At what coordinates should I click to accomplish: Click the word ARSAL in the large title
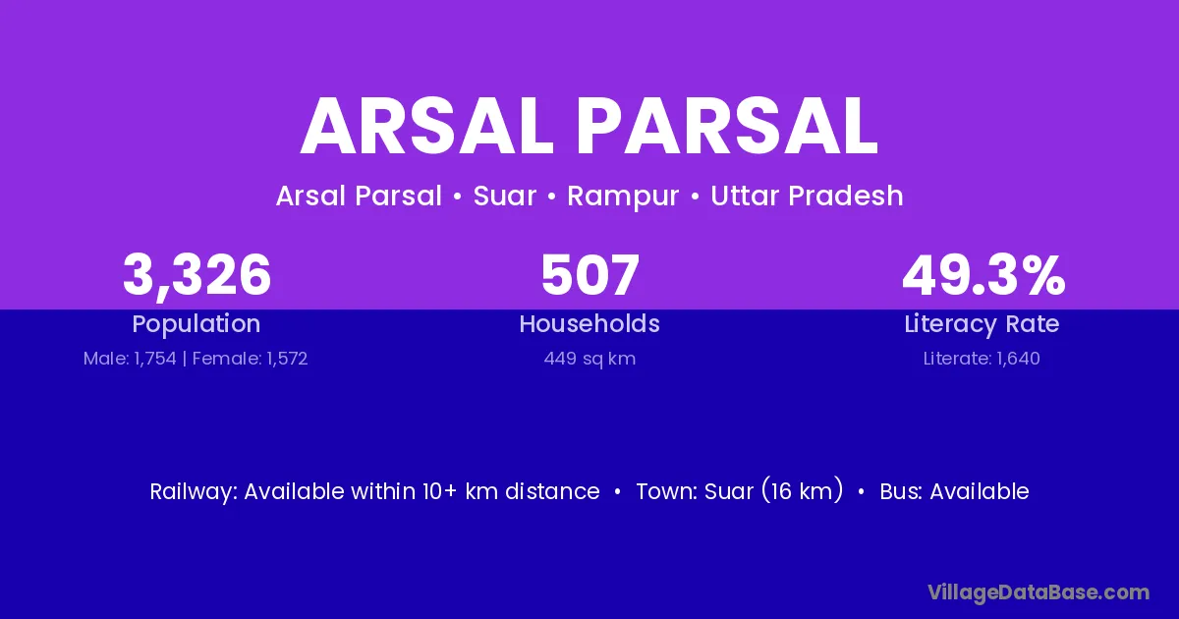pos(426,127)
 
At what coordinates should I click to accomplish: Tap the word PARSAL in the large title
pos(727,127)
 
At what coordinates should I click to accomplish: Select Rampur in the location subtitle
pos(623,197)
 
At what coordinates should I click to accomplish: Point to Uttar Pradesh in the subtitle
pos(807,196)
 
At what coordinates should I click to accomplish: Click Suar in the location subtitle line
pos(505,196)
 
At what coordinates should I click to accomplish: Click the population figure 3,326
pos(196,275)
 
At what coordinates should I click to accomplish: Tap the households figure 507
pos(590,275)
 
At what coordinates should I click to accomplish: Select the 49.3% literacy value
pos(983,275)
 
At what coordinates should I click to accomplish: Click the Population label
pos(196,324)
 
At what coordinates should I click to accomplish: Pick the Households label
pos(589,323)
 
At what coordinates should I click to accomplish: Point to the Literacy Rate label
pos(982,324)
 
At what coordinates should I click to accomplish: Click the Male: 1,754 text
pos(130,359)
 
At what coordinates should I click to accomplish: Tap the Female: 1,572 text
pos(250,359)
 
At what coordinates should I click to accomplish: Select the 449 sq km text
pos(589,359)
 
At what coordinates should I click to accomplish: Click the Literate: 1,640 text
pos(982,359)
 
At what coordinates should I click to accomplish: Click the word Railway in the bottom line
pos(194,491)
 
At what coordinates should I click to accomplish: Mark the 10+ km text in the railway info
pos(461,491)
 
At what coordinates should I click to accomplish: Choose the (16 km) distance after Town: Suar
pos(802,491)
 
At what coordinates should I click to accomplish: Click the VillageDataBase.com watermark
pos(1039,592)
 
